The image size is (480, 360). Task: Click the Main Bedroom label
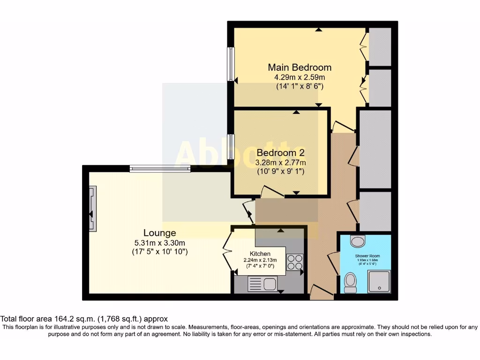click(300, 67)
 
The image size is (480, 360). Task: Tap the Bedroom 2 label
click(281, 153)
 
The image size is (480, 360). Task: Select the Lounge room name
click(159, 233)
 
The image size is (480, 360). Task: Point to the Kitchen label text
click(260, 254)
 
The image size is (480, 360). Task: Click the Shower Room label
click(367, 256)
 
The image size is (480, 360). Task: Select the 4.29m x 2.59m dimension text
click(300, 77)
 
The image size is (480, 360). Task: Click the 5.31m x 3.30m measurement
click(159, 243)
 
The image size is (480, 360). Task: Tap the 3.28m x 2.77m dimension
click(281, 163)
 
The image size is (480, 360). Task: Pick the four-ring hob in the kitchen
click(295, 262)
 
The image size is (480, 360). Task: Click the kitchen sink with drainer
click(262, 284)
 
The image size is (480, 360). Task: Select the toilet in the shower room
click(350, 283)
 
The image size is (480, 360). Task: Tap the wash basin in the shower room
click(359, 240)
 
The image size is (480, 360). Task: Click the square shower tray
click(379, 281)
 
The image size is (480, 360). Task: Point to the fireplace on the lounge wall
click(93, 208)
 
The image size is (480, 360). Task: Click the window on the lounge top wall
click(160, 168)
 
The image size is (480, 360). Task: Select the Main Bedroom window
click(231, 64)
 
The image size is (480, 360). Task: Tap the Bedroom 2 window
click(231, 146)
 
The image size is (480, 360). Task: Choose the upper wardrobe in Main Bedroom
click(380, 46)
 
